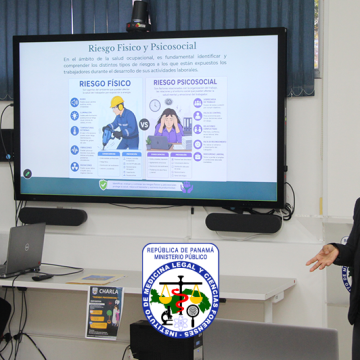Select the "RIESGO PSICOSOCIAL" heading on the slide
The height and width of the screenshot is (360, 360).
coord(186,84)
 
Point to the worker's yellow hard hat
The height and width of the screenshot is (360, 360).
coord(118,102)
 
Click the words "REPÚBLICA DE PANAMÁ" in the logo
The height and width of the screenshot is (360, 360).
coord(180,249)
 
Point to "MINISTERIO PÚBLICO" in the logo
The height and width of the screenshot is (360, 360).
coord(180,258)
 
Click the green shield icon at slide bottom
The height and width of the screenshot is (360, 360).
coord(103,184)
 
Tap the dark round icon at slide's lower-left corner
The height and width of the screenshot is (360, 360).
coord(27,173)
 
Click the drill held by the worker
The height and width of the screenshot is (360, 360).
coord(107,131)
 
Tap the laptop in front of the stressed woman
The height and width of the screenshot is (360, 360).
coord(161,143)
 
